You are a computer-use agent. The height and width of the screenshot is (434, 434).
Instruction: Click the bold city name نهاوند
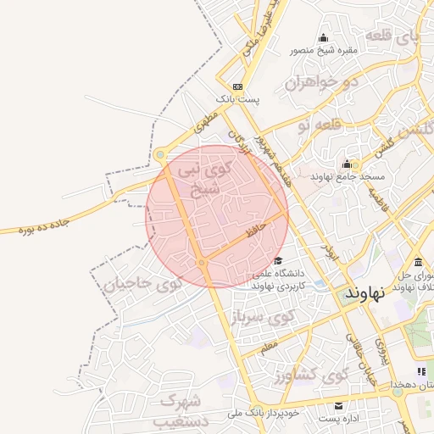[x=365, y=293]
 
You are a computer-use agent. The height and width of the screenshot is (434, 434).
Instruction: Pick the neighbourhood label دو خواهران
[x=317, y=83]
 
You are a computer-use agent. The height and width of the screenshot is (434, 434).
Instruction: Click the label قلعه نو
[x=315, y=125]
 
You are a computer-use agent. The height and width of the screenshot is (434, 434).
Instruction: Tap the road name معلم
[x=270, y=346]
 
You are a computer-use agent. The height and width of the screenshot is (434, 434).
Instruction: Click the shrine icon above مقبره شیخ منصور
[x=322, y=37]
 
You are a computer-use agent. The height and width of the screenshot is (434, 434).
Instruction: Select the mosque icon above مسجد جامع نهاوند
[x=346, y=164]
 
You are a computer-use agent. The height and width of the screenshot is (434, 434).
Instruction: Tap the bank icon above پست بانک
[x=237, y=86]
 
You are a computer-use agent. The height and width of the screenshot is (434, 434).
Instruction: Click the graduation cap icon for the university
[x=278, y=260]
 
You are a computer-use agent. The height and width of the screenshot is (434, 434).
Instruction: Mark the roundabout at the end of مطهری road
[x=159, y=154]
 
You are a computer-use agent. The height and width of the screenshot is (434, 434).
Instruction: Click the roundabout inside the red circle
[x=202, y=264]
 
